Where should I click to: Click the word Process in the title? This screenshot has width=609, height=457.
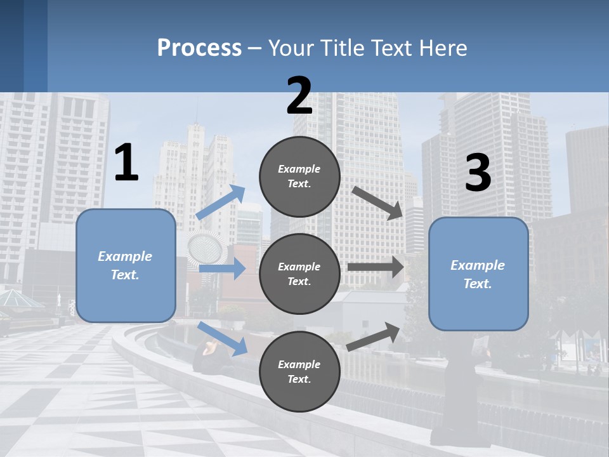tap(199, 48)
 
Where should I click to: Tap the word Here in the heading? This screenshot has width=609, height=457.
tap(443, 48)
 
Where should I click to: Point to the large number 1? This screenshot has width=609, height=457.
tap(127, 162)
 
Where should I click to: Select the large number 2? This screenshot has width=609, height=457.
tap(299, 95)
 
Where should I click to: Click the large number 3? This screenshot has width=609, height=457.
tap(478, 172)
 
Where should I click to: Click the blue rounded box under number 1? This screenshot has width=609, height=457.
tap(126, 266)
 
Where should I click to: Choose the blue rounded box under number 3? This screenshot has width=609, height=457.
tap(478, 274)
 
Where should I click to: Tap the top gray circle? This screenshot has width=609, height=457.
tap(299, 176)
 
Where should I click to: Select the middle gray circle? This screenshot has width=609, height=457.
tap(299, 274)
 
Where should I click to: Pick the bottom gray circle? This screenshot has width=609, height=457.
tap(299, 371)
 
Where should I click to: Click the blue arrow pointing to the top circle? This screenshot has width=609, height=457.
tap(220, 202)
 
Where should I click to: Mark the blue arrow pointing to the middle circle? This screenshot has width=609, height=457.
tap(223, 268)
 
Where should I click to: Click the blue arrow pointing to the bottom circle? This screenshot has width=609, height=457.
tap(223, 339)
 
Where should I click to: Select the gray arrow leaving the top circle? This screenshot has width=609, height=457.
tap(377, 203)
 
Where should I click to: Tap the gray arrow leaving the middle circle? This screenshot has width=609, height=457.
tap(376, 267)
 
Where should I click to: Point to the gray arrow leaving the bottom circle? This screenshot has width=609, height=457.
tap(373, 337)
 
